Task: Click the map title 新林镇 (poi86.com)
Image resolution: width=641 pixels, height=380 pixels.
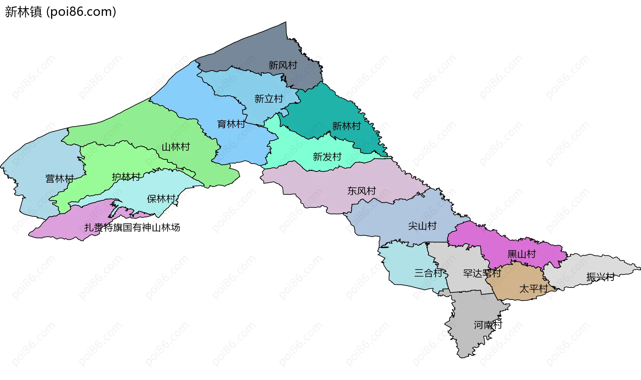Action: [60, 12]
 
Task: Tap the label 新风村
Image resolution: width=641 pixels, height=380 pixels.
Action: [283, 65]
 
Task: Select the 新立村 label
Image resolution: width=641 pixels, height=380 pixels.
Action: [268, 99]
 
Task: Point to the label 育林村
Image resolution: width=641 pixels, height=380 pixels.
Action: [231, 124]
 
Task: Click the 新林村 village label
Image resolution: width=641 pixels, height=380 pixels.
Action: [346, 126]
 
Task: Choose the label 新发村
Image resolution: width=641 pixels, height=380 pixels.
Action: [327, 157]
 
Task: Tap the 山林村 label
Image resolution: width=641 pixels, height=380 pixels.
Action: [176, 147]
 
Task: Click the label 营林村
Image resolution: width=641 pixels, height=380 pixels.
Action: [59, 179]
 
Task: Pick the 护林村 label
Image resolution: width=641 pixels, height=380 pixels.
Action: [126, 177]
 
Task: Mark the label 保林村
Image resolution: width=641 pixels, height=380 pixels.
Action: [161, 199]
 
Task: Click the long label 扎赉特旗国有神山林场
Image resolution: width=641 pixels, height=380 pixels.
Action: [132, 228]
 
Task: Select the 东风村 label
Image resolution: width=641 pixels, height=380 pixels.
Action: [362, 191]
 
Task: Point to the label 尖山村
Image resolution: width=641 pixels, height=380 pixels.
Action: [422, 226]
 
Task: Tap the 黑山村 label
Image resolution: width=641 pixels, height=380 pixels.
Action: [521, 254]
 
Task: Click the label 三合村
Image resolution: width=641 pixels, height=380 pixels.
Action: [428, 273]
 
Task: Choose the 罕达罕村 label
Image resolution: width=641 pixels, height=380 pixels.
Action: [482, 273]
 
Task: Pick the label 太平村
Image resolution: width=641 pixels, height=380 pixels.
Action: [533, 289]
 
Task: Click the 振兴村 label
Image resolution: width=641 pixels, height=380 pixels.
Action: [601, 277]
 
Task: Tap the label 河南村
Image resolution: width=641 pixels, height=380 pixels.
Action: [488, 325]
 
